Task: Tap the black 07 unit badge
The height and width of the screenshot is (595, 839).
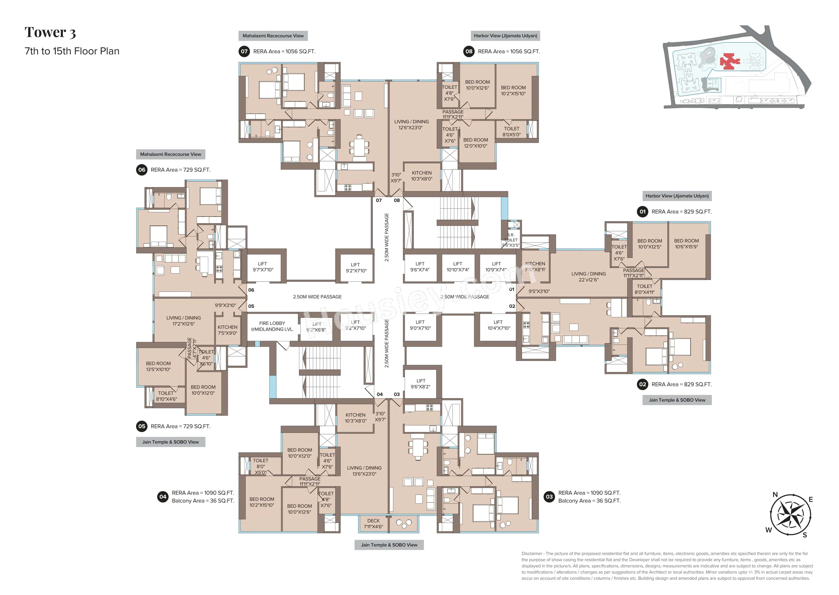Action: coord(244,51)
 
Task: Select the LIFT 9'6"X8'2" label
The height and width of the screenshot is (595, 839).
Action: coord(420,383)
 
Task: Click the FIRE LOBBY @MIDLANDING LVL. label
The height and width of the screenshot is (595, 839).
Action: coord(272,326)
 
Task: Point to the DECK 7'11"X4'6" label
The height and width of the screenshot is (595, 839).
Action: coord(373,523)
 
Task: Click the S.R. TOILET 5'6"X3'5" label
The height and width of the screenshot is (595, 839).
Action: coord(510,240)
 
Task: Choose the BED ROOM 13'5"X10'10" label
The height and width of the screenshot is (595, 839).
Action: coord(158,366)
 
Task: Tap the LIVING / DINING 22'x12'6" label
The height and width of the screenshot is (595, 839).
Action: coord(588,277)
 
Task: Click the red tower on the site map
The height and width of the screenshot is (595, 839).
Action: coord(729,62)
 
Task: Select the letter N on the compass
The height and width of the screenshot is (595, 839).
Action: coord(775,495)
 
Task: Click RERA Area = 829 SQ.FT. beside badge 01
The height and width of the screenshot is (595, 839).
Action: coord(681,212)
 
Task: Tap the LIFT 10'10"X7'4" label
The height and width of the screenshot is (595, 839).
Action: coord(458,267)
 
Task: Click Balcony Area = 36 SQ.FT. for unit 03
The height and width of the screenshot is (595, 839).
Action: coord(589,501)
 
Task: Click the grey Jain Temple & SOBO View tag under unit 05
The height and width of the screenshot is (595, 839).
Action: coord(170,442)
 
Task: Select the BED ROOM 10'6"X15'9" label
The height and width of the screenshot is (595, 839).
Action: coord(686,244)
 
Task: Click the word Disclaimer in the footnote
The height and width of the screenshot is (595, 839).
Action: coord(532,554)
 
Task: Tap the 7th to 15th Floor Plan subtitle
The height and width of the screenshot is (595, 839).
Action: coord(72,51)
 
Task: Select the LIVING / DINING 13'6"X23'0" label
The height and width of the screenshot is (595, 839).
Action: coord(364,471)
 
